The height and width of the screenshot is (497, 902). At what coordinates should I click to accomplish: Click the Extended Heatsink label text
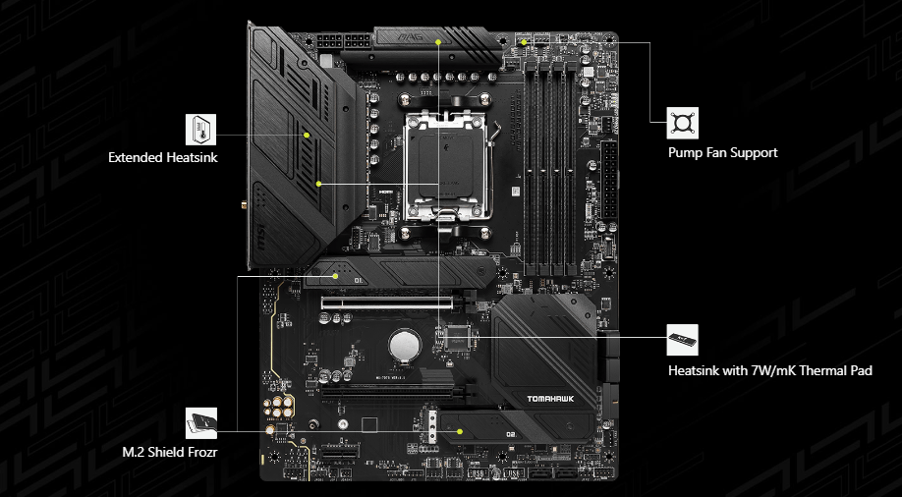[163, 156]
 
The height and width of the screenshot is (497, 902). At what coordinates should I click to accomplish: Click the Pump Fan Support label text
[722, 152]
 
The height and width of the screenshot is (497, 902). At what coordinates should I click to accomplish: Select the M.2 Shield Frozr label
[169, 452]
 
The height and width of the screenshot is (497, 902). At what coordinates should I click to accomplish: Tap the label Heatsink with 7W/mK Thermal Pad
[769, 370]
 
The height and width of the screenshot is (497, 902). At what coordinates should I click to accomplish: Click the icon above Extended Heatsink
[200, 127]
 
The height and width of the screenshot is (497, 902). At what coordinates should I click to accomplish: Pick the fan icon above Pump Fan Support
[683, 123]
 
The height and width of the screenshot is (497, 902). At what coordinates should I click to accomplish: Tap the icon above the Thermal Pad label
[683, 339]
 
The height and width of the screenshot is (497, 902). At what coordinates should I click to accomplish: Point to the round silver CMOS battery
[403, 345]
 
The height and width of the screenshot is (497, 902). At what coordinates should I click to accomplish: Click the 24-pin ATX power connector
[609, 183]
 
